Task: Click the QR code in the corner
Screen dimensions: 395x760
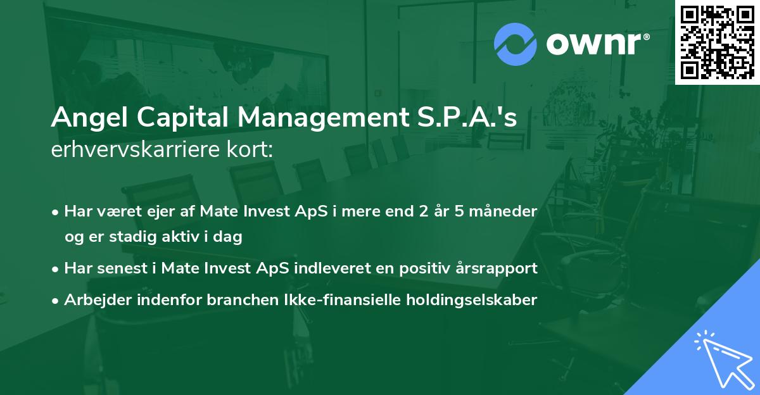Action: pyautogui.click(x=717, y=42)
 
